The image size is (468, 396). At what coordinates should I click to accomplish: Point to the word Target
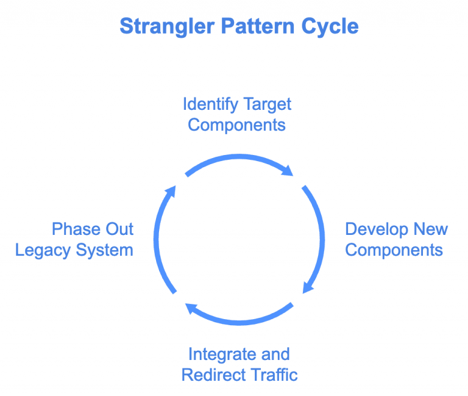(x=267, y=104)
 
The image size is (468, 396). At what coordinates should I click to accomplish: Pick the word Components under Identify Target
(x=236, y=125)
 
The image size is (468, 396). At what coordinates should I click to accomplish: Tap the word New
(x=431, y=229)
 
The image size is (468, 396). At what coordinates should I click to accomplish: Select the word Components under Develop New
(x=394, y=250)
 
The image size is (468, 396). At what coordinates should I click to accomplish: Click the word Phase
(x=75, y=229)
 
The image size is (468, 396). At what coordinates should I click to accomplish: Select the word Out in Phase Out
(x=119, y=229)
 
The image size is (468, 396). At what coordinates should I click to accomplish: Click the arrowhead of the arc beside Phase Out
(x=171, y=192)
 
